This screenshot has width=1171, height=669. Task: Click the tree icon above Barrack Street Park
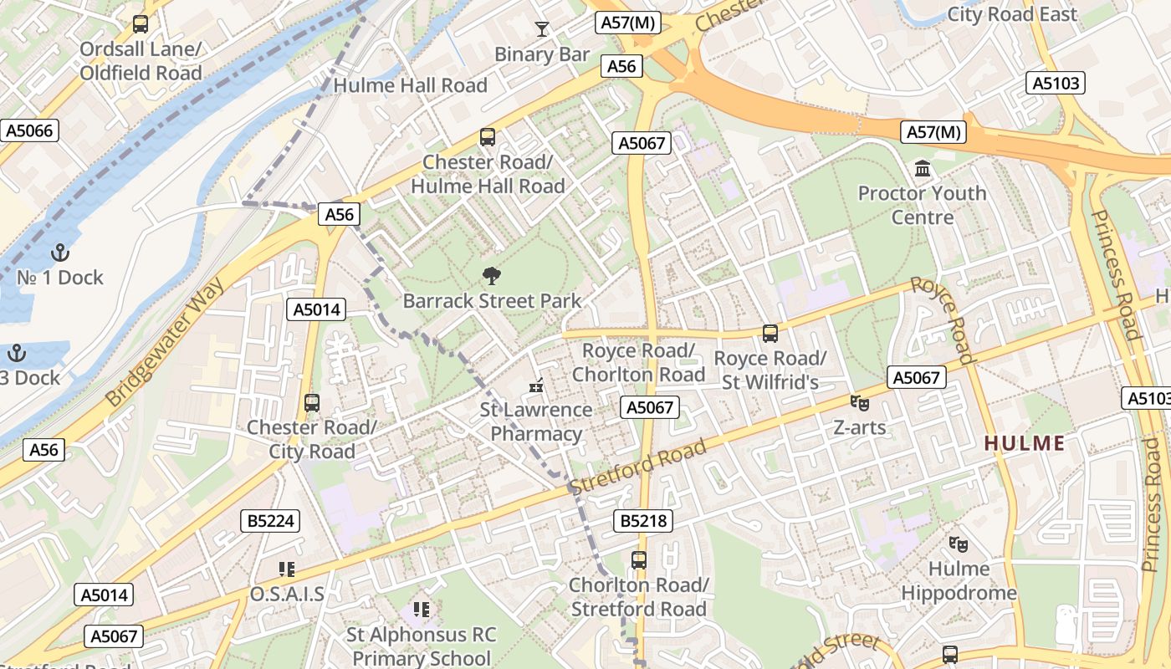click(491, 276)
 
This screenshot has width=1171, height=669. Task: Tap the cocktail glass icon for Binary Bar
click(542, 29)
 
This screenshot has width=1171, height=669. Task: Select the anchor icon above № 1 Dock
click(60, 253)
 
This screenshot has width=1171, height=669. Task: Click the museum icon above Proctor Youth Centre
click(923, 169)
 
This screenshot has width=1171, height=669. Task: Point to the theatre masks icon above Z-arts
click(859, 403)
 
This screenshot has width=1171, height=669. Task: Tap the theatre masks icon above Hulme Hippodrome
click(959, 544)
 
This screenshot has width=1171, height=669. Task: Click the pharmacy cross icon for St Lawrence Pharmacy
click(536, 386)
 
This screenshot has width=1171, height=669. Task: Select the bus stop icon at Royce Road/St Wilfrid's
click(770, 334)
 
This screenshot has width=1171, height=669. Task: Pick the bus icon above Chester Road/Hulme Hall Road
click(488, 137)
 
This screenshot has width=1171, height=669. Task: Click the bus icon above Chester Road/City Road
click(312, 403)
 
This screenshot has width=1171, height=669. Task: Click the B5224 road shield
click(271, 521)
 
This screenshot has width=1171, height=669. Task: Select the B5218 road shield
click(643, 521)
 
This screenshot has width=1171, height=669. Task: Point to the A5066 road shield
click(30, 130)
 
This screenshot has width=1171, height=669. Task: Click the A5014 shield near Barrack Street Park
click(316, 309)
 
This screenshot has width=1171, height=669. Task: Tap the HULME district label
click(1025, 443)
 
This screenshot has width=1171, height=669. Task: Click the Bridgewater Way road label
click(166, 343)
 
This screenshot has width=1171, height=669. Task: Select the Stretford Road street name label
click(637, 466)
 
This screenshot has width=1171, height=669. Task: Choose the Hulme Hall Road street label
click(410, 85)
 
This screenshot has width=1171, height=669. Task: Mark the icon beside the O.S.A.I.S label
click(287, 569)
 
